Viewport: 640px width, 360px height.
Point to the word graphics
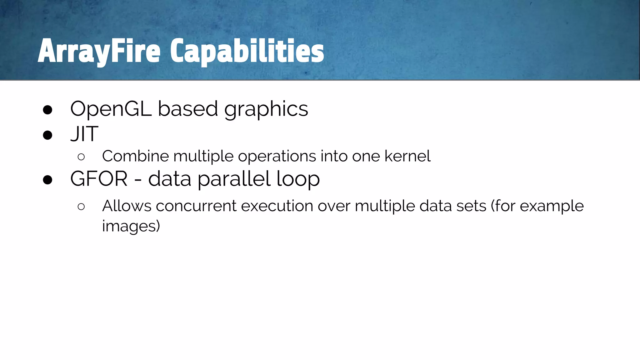click(x=266, y=109)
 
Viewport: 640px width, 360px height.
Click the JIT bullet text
click(x=84, y=134)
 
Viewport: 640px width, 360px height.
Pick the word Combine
click(x=135, y=156)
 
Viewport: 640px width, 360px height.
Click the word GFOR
click(x=99, y=179)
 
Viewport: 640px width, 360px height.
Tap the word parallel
click(x=234, y=179)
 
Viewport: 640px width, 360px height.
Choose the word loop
click(x=298, y=179)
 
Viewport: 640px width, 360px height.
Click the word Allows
click(x=127, y=206)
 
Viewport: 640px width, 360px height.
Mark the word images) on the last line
click(x=131, y=226)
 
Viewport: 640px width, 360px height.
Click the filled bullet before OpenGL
click(x=47, y=110)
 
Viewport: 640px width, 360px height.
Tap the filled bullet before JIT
click(x=47, y=135)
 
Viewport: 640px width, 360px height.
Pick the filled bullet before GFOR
click(x=47, y=180)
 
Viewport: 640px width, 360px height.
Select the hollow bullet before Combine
click(x=81, y=157)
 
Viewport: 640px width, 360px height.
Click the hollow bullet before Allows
click(x=81, y=207)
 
